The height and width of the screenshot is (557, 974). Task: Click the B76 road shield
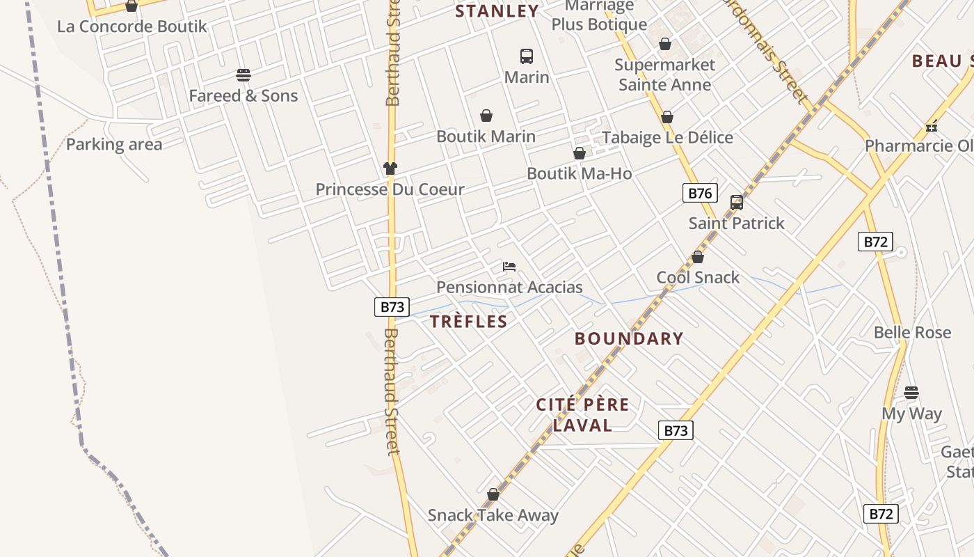(699, 193)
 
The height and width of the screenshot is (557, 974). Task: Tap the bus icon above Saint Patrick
(737, 203)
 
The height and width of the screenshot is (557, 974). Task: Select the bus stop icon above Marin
(527, 56)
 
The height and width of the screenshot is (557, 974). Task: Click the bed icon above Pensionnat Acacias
(509, 267)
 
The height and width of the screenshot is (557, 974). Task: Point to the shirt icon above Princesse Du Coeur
(390, 168)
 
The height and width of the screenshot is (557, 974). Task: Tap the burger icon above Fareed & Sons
(243, 74)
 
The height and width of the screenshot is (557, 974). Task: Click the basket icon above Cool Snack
(698, 257)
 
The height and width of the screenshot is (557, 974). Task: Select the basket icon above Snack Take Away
(493, 494)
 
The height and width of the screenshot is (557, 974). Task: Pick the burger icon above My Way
(911, 393)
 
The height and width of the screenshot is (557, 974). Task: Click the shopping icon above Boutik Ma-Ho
(579, 153)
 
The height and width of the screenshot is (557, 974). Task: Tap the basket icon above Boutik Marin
(486, 116)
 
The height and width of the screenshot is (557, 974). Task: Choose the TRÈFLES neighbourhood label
(468, 322)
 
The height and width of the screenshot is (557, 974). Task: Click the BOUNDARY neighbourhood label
(629, 339)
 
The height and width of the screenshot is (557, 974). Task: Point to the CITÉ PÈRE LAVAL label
(582, 415)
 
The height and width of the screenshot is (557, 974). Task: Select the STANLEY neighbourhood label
(497, 11)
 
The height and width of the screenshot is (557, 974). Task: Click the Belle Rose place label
(912, 332)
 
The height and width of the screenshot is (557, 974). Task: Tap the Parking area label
(114, 145)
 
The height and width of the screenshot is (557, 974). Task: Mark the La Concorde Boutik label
(132, 26)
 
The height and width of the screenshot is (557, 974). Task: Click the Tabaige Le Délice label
(667, 137)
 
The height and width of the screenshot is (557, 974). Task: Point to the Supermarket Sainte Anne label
(664, 74)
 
